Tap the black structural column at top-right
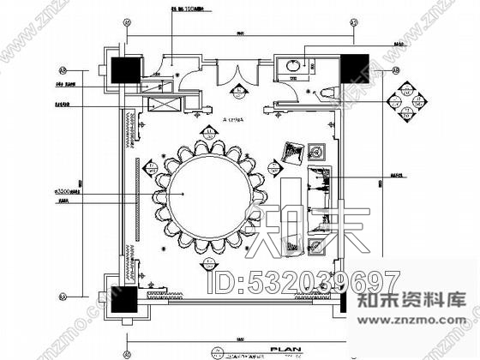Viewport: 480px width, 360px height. pyautogui.click(x=354, y=69)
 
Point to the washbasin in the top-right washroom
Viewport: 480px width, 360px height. pyautogui.click(x=296, y=63)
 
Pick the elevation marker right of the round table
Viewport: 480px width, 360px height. pyautogui.click(x=273, y=163)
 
